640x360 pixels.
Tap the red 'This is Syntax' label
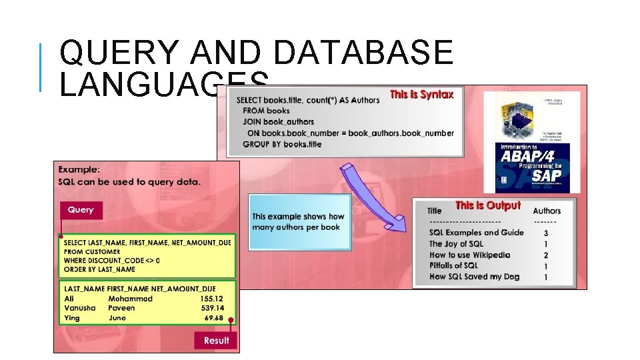421,95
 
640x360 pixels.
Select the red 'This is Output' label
487,205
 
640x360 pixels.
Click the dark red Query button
81,210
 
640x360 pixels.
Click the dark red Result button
216,340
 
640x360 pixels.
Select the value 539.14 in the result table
211,309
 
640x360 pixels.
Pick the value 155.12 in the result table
211,299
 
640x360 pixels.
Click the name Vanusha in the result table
80,309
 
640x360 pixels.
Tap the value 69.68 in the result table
214,318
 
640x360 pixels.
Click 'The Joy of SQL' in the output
456,244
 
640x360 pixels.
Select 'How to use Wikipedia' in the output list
469,255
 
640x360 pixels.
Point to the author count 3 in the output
546,233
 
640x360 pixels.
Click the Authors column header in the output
547,211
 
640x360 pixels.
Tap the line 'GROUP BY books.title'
282,144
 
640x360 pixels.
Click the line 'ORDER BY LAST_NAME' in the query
99,269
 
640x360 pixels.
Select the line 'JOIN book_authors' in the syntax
278,122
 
